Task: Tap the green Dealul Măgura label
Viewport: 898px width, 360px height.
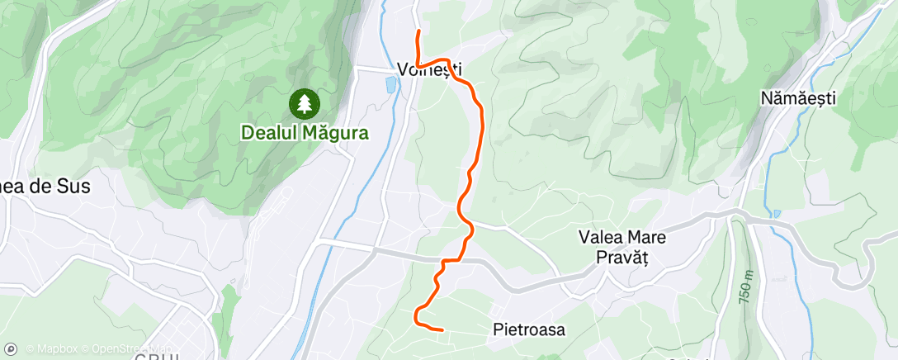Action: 305,131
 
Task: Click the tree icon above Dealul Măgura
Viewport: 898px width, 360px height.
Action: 305,102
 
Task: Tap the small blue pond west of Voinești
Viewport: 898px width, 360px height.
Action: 390,83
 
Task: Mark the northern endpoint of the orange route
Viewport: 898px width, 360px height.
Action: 419,31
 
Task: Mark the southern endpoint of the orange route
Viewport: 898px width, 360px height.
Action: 443,329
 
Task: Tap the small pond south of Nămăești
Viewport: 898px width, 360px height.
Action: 777,214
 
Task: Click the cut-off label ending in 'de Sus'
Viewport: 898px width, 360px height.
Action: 45,187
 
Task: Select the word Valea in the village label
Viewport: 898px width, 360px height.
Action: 599,238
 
